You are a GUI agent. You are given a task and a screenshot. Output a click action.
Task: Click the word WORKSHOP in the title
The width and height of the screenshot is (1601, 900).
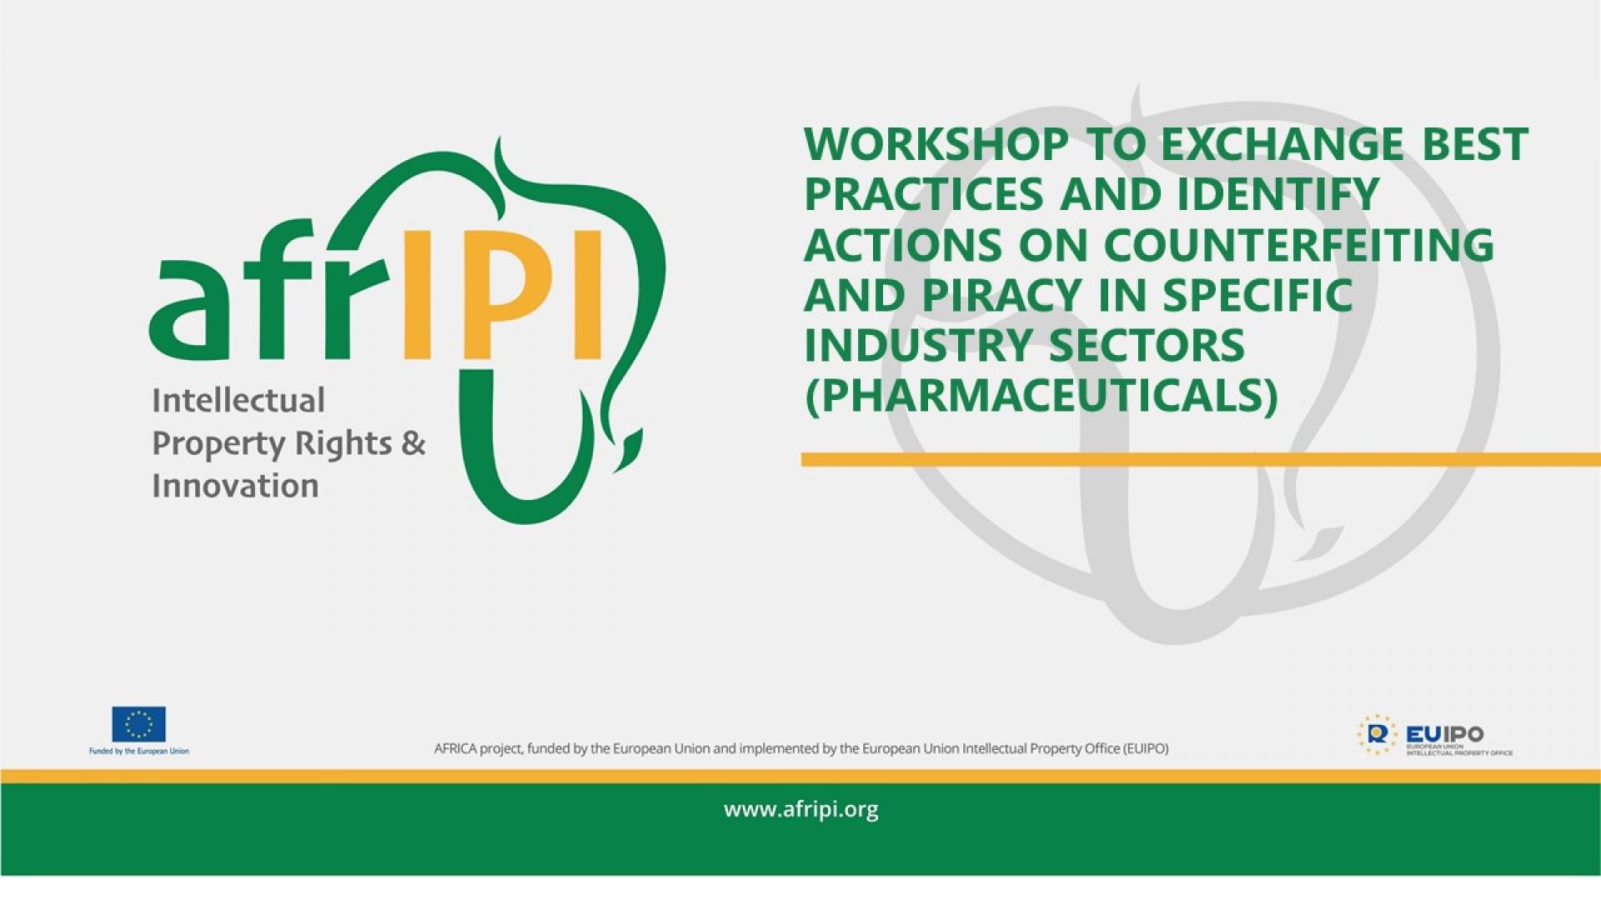point(936,145)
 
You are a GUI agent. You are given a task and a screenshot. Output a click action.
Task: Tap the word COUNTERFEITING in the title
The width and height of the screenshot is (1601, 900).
point(1298,246)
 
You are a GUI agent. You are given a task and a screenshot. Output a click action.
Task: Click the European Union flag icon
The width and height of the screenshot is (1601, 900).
point(138,724)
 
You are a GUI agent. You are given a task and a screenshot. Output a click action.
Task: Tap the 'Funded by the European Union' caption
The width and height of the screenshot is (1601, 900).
point(138,752)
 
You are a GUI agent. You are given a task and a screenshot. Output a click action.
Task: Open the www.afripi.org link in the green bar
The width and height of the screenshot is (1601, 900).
point(800,810)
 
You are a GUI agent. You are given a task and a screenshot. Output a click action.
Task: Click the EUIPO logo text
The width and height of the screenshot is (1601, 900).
point(1444,734)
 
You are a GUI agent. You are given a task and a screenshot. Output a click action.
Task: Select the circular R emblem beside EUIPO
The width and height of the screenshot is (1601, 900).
point(1377,734)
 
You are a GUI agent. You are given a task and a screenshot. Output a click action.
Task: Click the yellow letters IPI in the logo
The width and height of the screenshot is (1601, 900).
point(502,296)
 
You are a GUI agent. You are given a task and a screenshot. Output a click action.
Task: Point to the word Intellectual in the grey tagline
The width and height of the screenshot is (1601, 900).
point(238,401)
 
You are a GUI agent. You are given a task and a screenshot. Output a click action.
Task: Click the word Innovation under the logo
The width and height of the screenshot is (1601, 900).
point(235,486)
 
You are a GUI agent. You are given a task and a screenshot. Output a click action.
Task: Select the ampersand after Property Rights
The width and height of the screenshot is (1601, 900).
point(413,443)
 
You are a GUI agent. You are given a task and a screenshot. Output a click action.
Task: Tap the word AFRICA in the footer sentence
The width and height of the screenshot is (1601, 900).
point(454,749)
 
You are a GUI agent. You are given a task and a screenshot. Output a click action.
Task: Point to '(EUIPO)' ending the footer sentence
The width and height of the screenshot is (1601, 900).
point(1146,749)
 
